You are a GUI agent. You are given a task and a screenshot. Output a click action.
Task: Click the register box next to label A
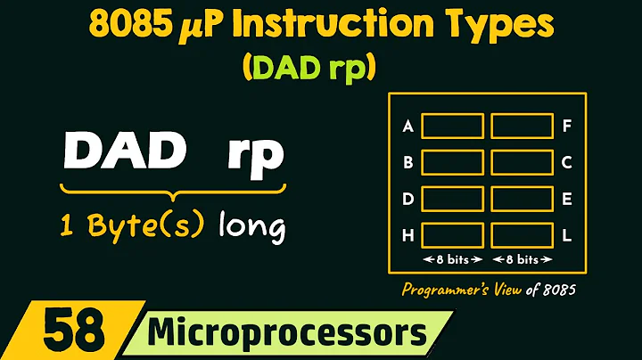click(x=453, y=126)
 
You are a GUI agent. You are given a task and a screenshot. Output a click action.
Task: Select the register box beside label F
click(x=522, y=126)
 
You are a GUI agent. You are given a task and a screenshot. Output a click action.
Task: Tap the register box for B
click(x=453, y=162)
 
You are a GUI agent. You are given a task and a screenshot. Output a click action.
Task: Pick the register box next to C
click(x=522, y=162)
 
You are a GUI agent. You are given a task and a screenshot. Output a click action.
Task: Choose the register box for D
click(x=453, y=198)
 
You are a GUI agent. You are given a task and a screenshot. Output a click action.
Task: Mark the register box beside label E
click(x=522, y=198)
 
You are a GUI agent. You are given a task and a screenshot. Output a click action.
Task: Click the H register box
click(x=453, y=234)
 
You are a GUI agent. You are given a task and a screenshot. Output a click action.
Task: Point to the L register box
click(x=522, y=234)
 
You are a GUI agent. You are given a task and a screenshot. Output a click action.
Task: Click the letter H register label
click(x=407, y=235)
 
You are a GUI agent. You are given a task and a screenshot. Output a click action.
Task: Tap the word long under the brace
click(x=252, y=226)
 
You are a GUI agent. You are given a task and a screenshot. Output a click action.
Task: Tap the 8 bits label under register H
click(x=453, y=259)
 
